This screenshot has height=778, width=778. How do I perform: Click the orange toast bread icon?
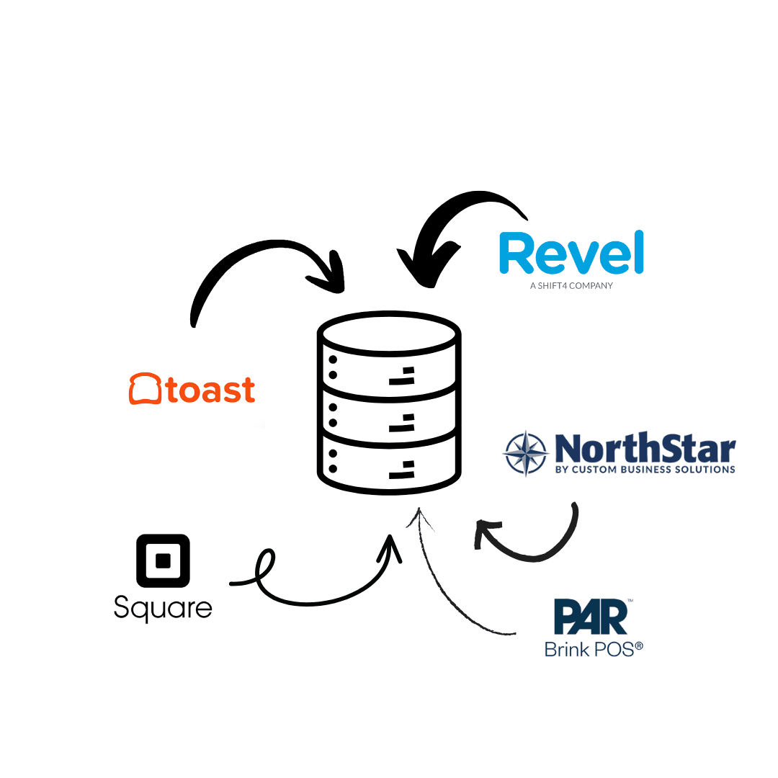145,389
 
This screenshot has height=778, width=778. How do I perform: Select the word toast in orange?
210,390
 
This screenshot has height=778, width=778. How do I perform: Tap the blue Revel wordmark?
571,254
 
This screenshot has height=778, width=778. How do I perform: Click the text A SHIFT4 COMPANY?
571,285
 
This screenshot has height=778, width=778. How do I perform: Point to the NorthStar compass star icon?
525,454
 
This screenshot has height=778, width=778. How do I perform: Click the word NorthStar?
645,449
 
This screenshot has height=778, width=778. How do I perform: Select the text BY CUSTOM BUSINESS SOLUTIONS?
645,470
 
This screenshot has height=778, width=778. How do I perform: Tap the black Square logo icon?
163,560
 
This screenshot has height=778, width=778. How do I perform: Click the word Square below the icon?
163,609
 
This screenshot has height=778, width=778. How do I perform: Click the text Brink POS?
593,649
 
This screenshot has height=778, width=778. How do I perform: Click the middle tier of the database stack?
389,413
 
